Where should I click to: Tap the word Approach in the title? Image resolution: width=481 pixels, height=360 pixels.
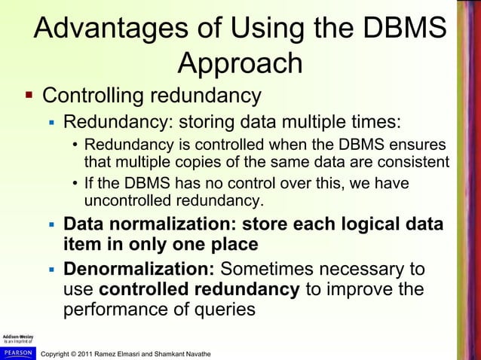(240, 64)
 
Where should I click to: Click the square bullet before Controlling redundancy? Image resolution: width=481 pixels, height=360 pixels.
(29, 96)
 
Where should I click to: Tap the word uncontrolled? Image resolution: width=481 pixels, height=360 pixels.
(127, 200)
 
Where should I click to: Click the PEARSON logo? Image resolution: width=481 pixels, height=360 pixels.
(17, 352)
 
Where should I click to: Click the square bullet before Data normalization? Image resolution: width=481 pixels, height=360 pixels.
(51, 226)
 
